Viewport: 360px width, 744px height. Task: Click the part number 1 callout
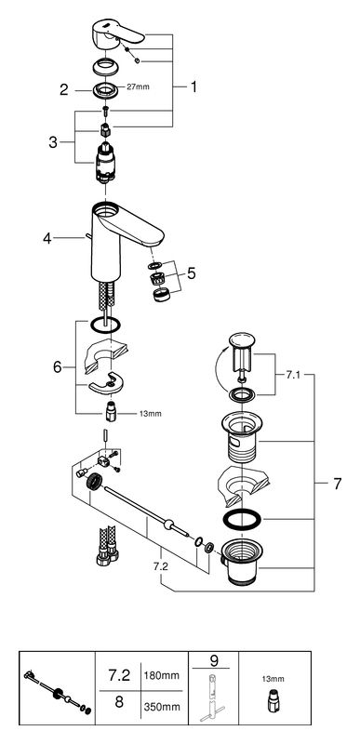point(193,86)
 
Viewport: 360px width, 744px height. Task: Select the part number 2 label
point(64,89)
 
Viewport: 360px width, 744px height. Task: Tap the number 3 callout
point(53,142)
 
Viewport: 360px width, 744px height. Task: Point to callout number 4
point(47,238)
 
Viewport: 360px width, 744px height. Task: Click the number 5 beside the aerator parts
point(191,273)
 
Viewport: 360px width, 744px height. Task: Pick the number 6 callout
point(58,366)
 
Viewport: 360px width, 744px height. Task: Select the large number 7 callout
point(338,484)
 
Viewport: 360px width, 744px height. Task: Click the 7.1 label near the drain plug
point(292,374)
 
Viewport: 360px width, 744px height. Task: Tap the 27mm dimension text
point(138,86)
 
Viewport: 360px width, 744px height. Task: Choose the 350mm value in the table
point(161,707)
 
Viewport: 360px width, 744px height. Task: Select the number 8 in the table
point(118,701)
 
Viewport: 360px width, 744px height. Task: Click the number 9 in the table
point(213,659)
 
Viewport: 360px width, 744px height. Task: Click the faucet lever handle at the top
point(116,33)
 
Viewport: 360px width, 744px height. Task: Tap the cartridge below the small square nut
point(105,161)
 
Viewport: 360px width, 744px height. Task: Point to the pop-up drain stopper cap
point(242,339)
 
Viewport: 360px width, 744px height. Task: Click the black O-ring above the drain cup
point(242,520)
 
